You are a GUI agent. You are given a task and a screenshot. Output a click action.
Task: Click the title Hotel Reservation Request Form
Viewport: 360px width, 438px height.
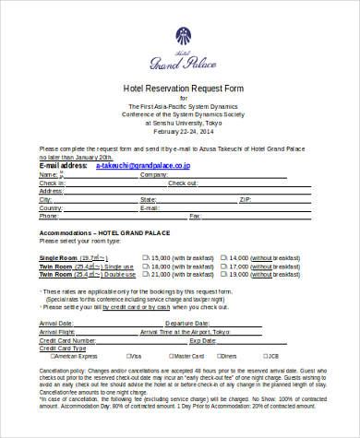[x=180, y=89]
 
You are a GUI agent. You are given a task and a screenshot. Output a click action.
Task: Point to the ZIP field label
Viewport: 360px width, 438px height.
[x=245, y=199]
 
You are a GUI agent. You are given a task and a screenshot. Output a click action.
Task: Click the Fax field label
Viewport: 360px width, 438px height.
[x=195, y=216]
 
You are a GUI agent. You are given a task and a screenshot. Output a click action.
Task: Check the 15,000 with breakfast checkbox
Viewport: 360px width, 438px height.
[x=144, y=257]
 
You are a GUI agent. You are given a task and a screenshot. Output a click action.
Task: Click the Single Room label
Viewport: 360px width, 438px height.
[x=57, y=257]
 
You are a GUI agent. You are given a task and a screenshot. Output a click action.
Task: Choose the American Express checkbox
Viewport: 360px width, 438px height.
[x=42, y=355]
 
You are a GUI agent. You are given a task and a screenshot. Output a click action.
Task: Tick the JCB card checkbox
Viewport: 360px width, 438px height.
[x=264, y=355]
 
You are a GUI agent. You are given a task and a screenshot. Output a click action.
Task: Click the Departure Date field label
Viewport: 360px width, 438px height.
[x=188, y=324]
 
